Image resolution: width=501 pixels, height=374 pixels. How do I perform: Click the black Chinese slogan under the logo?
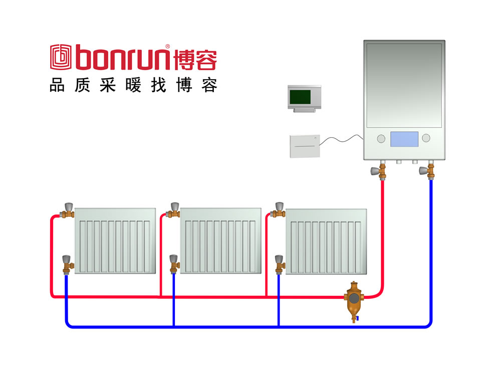[133, 86]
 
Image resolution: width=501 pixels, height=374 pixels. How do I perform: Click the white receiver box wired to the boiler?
[304, 146]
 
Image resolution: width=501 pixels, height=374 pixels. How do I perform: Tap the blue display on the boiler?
[404, 139]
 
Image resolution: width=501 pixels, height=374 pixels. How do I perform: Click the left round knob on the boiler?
[381, 138]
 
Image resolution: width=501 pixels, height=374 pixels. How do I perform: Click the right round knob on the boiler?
[426, 138]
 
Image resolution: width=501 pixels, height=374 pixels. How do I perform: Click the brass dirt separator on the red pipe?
[354, 299]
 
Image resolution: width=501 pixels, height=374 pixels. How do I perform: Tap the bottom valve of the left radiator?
[67, 264]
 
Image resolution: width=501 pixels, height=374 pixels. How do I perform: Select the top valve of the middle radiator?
[174, 210]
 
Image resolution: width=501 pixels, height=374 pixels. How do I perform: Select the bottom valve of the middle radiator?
[173, 263]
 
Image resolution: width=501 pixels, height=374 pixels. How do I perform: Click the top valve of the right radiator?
[279, 210]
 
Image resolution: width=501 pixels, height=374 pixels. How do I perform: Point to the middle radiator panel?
[220, 240]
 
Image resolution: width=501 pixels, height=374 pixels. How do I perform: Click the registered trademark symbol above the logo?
[167, 47]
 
